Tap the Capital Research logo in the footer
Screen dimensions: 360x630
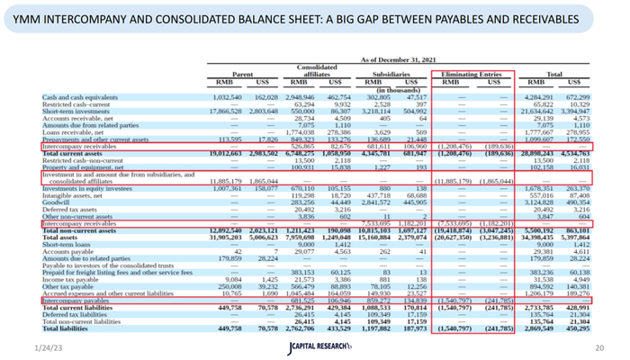pos(314,347)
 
